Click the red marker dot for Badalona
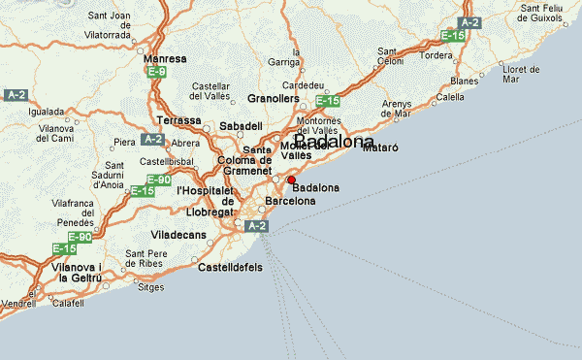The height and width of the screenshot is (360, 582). [x=291, y=180]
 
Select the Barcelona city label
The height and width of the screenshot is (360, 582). [x=291, y=201]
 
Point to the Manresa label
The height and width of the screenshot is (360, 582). [x=165, y=59]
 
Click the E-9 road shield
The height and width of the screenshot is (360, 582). [x=157, y=72]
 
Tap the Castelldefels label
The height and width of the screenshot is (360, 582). [x=230, y=267]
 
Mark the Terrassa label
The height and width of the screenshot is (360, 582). [x=179, y=121]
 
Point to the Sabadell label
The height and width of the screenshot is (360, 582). [x=242, y=126]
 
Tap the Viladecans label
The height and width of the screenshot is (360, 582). [x=180, y=235]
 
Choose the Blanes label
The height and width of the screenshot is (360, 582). [x=464, y=81]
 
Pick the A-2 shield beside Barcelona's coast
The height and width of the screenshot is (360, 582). [x=255, y=226]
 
